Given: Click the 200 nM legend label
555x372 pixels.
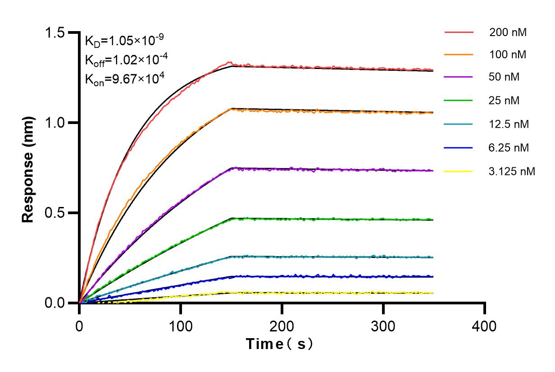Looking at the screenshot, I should click(x=508, y=32).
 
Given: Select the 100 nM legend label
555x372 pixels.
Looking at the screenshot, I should click(x=508, y=55).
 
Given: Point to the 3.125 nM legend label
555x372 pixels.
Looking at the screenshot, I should click(x=512, y=171).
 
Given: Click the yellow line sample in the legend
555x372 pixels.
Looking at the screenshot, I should click(x=459, y=171).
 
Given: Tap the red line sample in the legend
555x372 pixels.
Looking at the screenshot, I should click(x=459, y=32).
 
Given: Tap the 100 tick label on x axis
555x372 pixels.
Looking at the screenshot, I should click(x=181, y=326).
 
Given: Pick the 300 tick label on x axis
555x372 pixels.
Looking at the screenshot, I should click(x=383, y=326).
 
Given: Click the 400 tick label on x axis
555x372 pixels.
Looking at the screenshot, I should click(x=485, y=326).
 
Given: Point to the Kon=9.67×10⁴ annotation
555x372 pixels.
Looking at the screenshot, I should click(x=124, y=79).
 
